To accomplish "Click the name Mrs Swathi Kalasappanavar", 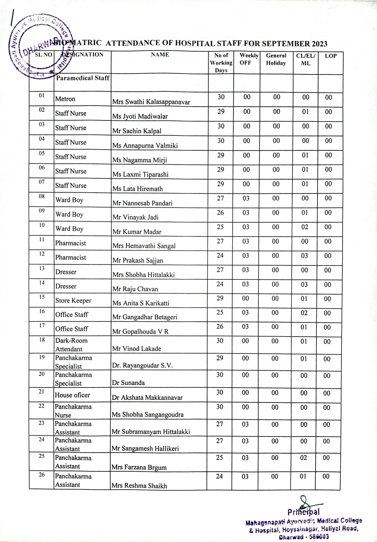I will [151, 102].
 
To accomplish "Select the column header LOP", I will [331, 56].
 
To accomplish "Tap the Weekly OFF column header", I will [249, 59].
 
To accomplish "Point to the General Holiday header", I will [276, 59].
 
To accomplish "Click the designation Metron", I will [65, 99].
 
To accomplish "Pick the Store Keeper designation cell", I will [73, 300].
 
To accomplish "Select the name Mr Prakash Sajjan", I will [138, 260].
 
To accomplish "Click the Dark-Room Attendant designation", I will [71, 345].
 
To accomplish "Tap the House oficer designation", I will [73, 395].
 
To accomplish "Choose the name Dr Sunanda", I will [128, 383].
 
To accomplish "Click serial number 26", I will [42, 475].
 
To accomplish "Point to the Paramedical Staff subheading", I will [83, 78].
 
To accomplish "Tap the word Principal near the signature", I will [303, 512].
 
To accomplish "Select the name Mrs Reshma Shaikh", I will [139, 486].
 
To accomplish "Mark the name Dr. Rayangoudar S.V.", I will [142, 365].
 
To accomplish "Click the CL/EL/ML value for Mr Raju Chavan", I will [304, 284].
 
